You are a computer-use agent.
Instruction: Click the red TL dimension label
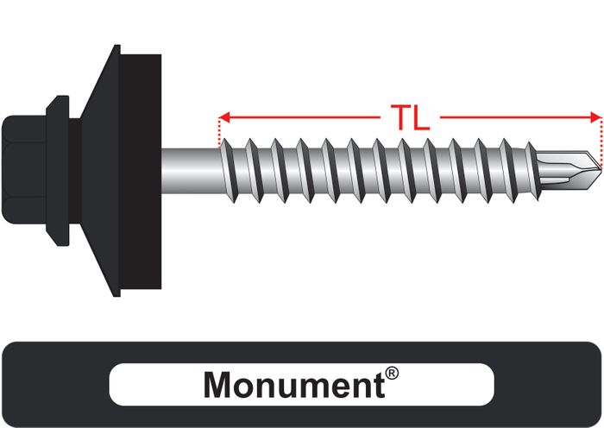click(x=410, y=117)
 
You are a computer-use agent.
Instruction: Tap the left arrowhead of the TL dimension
click(x=223, y=117)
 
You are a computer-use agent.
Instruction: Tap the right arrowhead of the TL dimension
click(x=596, y=117)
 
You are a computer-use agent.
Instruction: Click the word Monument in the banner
click(x=294, y=385)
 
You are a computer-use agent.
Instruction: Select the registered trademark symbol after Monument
click(x=392, y=374)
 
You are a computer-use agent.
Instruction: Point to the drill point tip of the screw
click(x=601, y=169)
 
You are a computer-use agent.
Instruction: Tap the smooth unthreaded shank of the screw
click(x=191, y=171)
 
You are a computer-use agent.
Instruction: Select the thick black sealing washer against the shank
click(x=140, y=172)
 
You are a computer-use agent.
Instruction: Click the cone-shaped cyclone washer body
click(x=100, y=171)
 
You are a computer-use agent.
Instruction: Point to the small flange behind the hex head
click(x=58, y=171)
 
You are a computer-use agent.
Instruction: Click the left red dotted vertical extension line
click(x=219, y=133)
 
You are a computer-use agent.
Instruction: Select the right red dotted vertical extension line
click(x=601, y=142)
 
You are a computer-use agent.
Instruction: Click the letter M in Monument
click(x=217, y=385)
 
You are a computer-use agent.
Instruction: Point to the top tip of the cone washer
click(x=116, y=45)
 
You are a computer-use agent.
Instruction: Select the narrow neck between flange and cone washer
click(x=76, y=171)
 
